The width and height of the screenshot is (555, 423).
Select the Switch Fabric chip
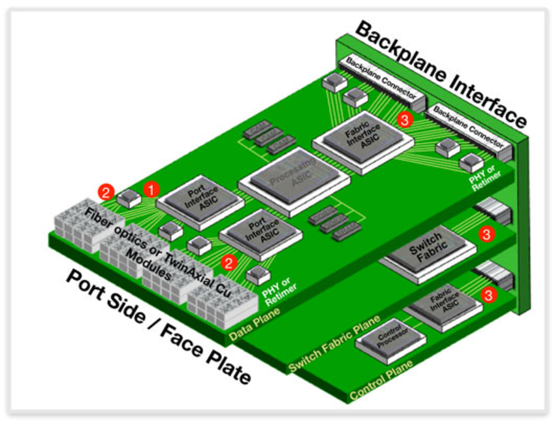tap(425, 246)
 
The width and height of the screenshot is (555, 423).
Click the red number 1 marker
tap(151, 189)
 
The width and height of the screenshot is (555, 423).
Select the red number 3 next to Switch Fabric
tap(485, 233)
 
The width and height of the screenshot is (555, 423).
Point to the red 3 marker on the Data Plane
tap(405, 119)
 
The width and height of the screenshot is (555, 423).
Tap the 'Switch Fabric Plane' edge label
tap(329, 349)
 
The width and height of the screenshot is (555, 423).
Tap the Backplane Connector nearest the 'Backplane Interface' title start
tap(381, 82)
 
